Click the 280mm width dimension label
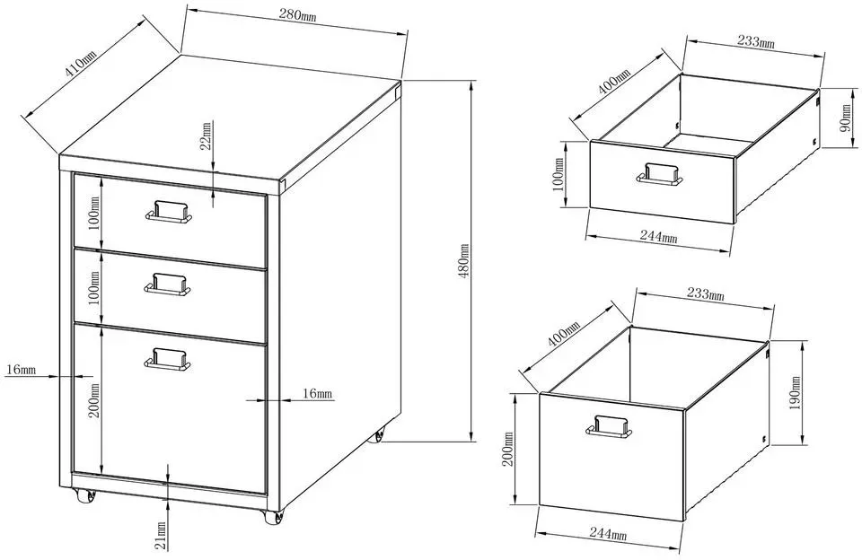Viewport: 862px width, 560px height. point(297,15)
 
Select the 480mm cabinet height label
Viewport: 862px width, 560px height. point(464,260)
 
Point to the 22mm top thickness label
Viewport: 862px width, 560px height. point(207,136)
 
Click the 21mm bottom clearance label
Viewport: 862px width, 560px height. point(161,536)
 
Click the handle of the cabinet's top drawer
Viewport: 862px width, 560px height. point(168,212)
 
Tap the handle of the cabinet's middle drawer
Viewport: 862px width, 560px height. point(168,284)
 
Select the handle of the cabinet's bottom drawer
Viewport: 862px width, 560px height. point(168,359)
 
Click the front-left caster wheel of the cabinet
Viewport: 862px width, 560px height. point(85,496)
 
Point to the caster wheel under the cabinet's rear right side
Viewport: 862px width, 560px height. point(379,436)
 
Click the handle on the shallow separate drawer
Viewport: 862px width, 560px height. point(660,174)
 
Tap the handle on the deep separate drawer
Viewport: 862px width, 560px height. point(609,426)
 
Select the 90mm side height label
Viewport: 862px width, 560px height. point(847,118)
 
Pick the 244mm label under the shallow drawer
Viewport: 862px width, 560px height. point(658,236)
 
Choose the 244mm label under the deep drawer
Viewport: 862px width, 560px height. point(608,532)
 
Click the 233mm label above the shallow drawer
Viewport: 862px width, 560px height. point(755,41)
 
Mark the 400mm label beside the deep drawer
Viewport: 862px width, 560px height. point(564,334)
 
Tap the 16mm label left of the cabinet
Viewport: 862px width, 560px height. point(21,369)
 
